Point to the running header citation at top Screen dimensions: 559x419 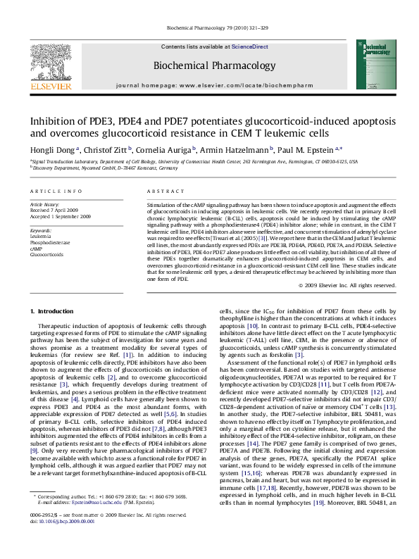point(210,28)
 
